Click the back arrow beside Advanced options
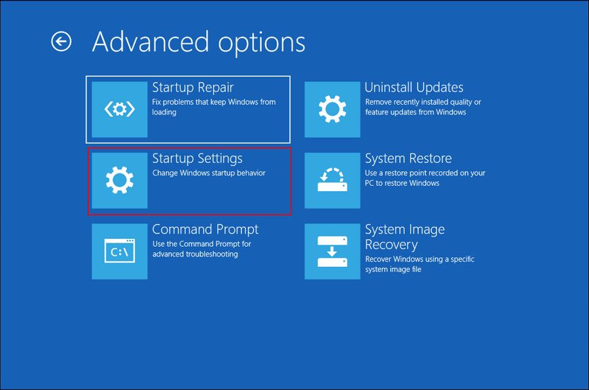pyautogui.click(x=61, y=42)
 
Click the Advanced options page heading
pyautogui.click(x=198, y=42)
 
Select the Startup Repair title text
pyautogui.click(x=192, y=88)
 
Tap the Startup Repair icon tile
pyautogui.click(x=119, y=109)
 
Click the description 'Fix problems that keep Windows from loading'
pyautogui.click(x=213, y=107)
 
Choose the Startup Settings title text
pyautogui.click(x=197, y=158)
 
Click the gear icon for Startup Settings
pyautogui.click(x=119, y=180)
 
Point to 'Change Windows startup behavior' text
pyautogui.click(x=209, y=173)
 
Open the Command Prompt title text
pyautogui.click(x=205, y=229)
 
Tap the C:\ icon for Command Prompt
pyautogui.click(x=119, y=251)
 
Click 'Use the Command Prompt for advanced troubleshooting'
pyautogui.click(x=202, y=249)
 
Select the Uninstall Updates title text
pyautogui.click(x=414, y=88)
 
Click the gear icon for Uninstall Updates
pyautogui.click(x=332, y=109)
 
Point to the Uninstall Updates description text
pyautogui.click(x=423, y=107)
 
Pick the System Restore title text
pyautogui.click(x=408, y=158)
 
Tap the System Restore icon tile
pyautogui.click(x=332, y=180)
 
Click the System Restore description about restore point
pyautogui.click(x=425, y=178)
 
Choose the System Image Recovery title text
pyautogui.click(x=404, y=237)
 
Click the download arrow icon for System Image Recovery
pyautogui.click(x=332, y=251)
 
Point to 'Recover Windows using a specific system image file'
pyautogui.click(x=419, y=264)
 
